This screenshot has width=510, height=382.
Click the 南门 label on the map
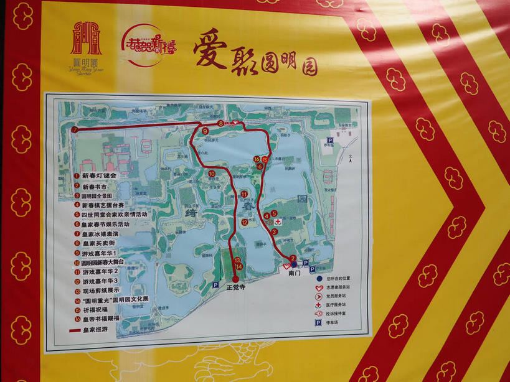pos(295,273)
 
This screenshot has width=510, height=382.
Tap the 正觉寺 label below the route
pos(235,288)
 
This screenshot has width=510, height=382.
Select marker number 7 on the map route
pos(75,130)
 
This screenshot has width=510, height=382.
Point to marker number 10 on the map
pos(212,174)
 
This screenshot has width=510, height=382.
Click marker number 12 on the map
pos(245,221)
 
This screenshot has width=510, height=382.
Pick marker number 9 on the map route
pos(205,131)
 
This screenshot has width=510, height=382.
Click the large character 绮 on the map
pos(190,212)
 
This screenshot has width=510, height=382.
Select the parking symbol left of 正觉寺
pos(215,285)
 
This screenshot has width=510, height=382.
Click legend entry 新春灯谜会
pos(99,175)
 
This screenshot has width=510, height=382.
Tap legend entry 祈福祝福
pos(95,309)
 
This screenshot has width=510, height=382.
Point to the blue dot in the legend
pos(319,278)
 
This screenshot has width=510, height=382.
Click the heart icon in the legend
pos(319,287)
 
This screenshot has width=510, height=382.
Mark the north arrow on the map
pos(352,157)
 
